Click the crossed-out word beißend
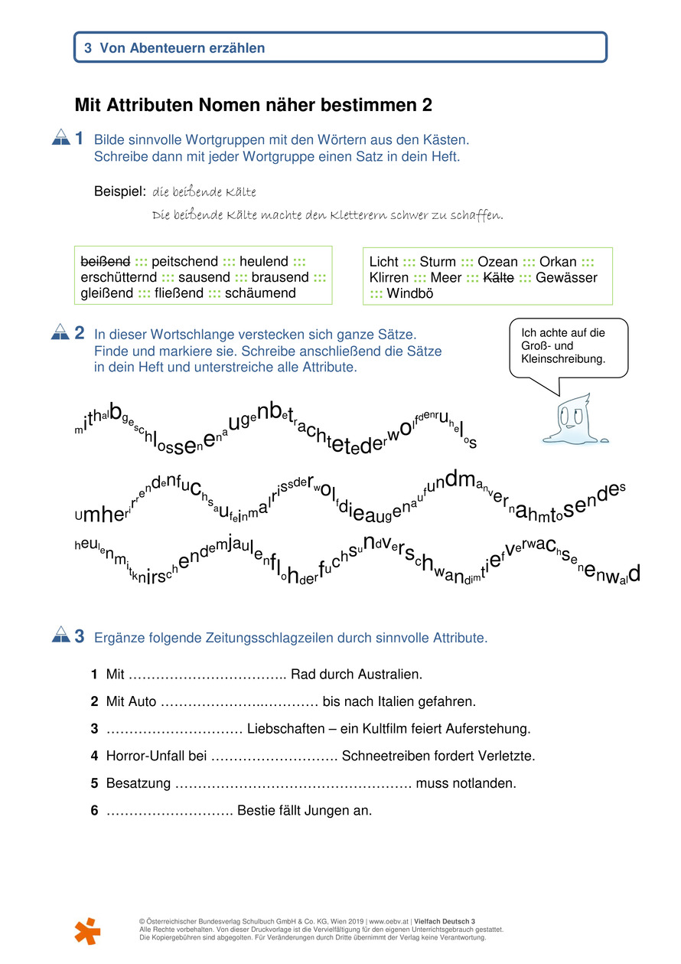tap(105, 262)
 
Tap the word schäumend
tap(260, 293)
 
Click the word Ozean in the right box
tap(497, 262)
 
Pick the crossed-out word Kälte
tap(499, 278)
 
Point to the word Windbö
tap(412, 293)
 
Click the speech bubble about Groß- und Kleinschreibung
tap(569, 347)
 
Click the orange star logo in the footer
tap(87, 930)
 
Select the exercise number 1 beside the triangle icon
tap(79, 139)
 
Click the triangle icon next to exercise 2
tap(60, 332)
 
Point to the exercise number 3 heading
tap(79, 636)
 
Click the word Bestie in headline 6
tap(256, 810)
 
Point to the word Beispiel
tap(119, 190)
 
